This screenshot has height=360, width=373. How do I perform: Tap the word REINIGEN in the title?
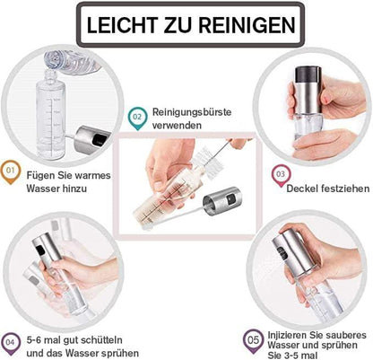click(247, 25)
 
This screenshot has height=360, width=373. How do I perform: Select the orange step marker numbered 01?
click(11, 172)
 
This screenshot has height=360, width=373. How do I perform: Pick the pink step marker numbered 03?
click(281, 176)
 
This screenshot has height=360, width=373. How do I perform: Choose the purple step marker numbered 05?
click(253, 341)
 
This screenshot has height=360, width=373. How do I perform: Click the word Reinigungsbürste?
click(192, 112)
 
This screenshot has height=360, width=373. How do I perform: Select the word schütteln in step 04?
click(101, 340)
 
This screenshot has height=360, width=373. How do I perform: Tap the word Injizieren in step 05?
click(287, 335)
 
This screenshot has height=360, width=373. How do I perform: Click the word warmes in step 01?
click(93, 175)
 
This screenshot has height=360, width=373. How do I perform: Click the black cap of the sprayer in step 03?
click(308, 75)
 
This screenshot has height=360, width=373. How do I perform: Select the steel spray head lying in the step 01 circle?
click(92, 138)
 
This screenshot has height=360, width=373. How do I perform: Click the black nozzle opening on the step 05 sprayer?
click(282, 252)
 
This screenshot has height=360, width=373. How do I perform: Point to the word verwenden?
click(177, 126)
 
